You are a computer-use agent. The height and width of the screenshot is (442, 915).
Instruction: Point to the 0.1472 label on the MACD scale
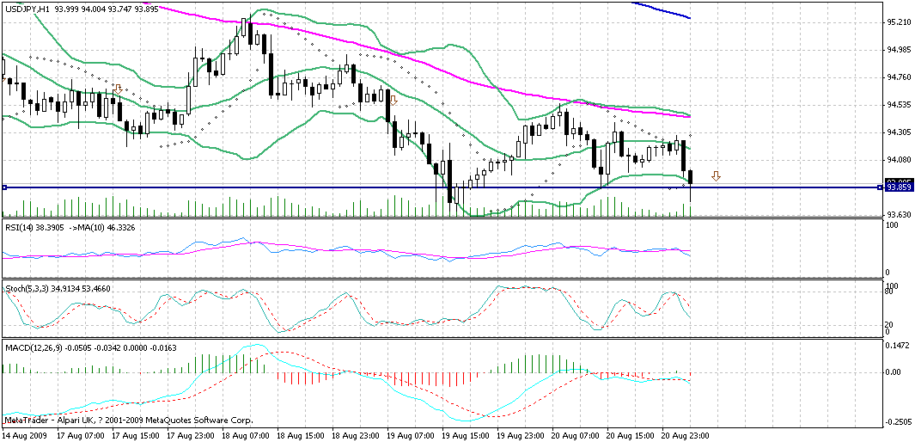coord(900,344)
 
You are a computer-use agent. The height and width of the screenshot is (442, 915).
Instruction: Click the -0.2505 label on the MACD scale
coord(900,421)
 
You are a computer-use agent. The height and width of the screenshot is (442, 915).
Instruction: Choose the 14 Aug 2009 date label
coord(25,436)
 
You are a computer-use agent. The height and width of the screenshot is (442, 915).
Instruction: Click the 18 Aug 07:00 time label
coord(248,436)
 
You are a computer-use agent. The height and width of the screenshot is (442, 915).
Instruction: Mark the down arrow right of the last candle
coord(716,176)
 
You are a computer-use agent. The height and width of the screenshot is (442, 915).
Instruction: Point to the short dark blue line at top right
coord(662,9)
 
